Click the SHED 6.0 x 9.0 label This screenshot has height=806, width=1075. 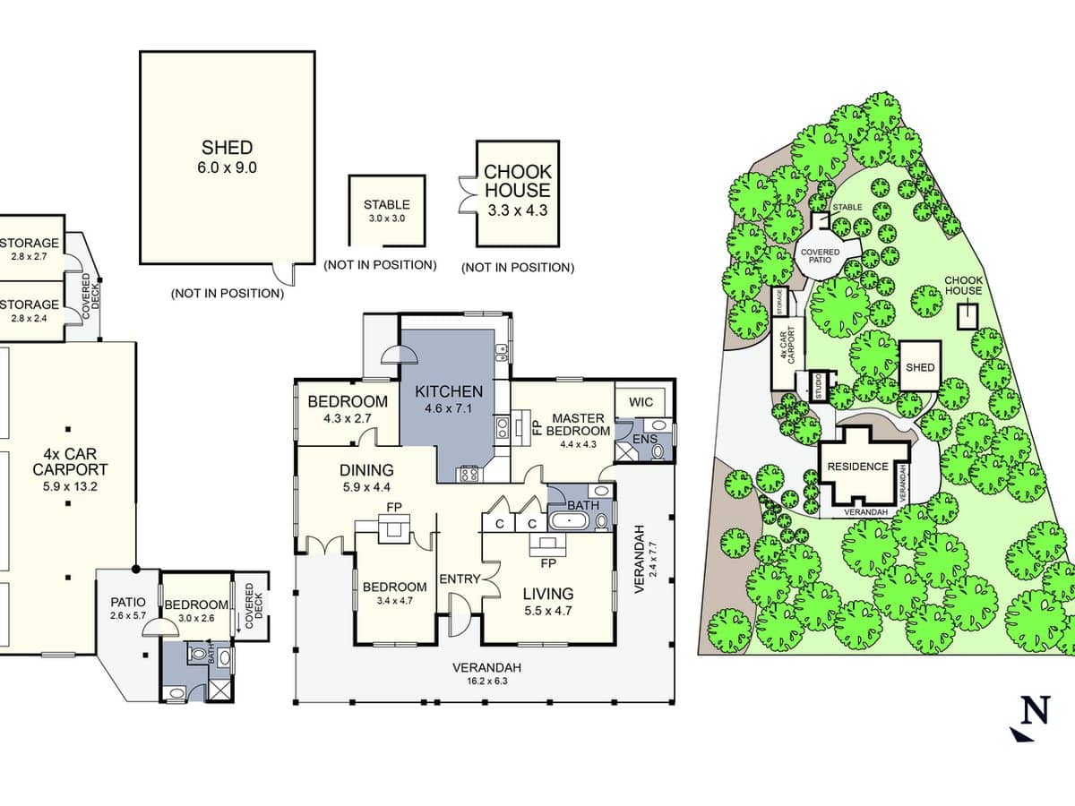point(228,157)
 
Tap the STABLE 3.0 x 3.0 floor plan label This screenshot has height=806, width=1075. point(386,210)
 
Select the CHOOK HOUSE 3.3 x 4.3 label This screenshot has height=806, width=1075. point(518,191)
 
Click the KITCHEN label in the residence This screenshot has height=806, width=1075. point(449,399)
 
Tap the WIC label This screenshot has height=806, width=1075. point(641,401)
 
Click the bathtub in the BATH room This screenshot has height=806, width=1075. point(571,521)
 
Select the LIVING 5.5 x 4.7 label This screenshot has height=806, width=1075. point(548,602)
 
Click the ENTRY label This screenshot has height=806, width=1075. point(460,579)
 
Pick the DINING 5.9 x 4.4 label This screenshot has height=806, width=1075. point(365,478)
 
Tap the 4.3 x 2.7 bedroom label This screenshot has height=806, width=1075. point(348,409)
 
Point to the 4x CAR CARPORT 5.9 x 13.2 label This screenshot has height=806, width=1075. point(70,469)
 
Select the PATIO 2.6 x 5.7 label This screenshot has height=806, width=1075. point(127,608)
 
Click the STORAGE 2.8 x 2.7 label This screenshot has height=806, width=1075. point(30,250)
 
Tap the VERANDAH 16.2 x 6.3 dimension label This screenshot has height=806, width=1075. point(486,673)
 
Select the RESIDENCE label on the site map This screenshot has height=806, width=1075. point(857,467)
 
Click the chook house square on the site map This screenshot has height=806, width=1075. point(967,315)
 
